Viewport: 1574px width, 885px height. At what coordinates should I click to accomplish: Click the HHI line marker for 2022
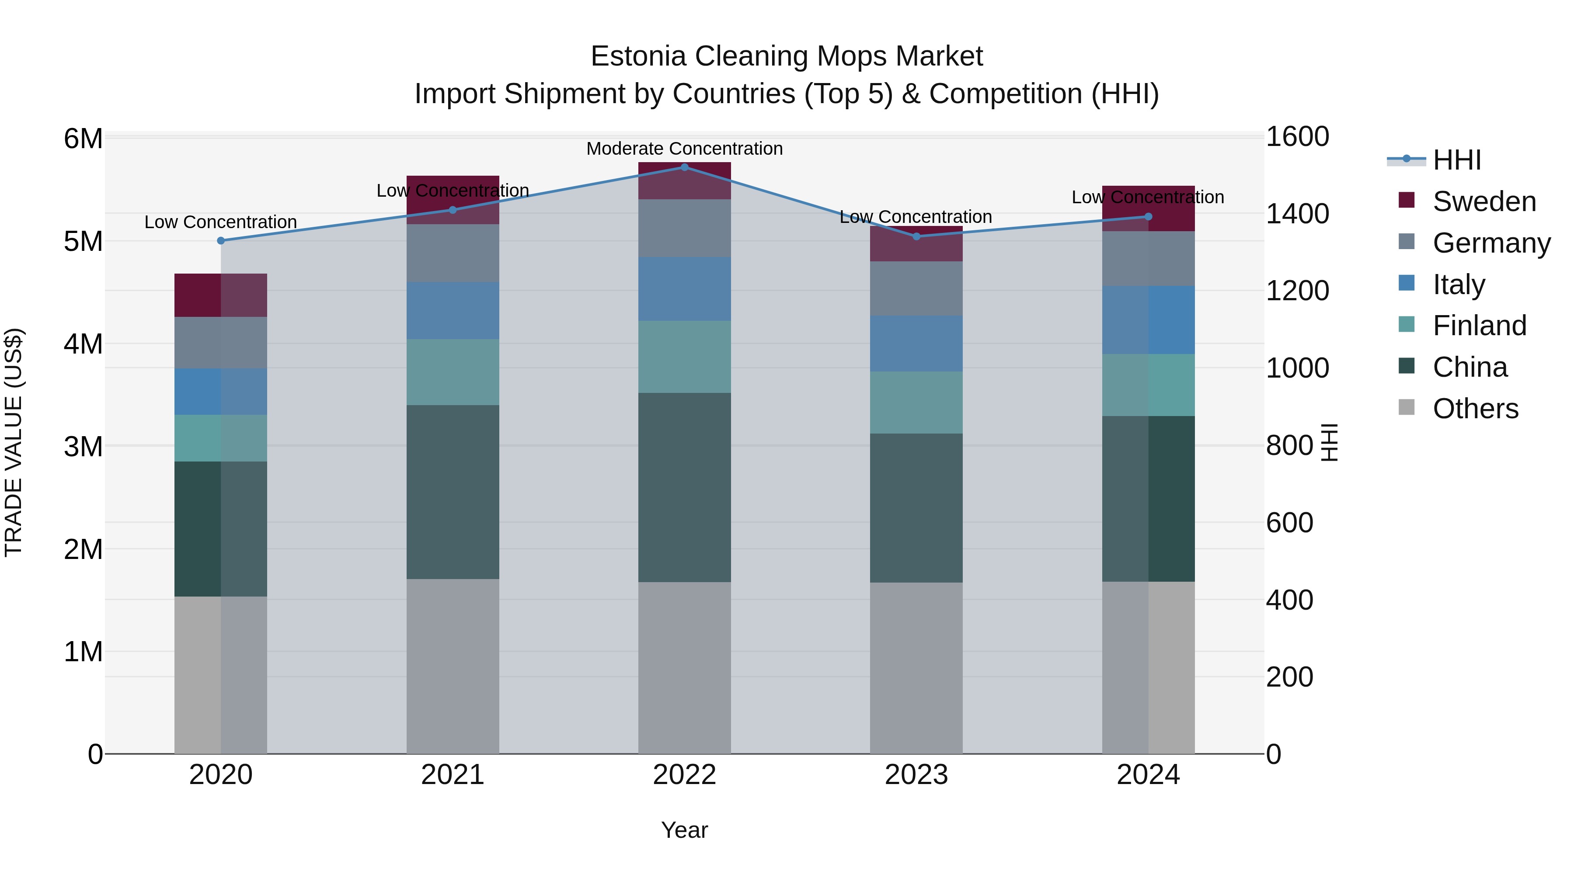pos(684,167)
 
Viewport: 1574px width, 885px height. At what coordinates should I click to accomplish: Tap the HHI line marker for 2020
pos(221,241)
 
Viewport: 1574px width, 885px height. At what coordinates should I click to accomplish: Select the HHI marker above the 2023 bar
pos(916,236)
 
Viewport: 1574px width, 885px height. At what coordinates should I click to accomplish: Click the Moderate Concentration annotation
pos(684,149)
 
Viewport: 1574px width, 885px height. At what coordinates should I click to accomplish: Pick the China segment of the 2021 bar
pos(453,492)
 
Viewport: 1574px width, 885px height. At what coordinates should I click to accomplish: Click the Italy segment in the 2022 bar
pos(684,289)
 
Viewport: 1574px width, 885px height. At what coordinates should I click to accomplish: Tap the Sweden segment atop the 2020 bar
pos(221,295)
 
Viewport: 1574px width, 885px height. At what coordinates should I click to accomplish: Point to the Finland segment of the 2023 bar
pos(916,403)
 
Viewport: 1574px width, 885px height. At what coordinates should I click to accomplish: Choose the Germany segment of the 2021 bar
pos(453,253)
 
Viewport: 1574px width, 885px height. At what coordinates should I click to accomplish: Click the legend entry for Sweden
pos(1483,201)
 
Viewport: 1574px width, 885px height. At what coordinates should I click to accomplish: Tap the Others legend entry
pos(1475,409)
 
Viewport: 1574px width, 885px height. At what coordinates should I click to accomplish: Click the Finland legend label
pos(1479,326)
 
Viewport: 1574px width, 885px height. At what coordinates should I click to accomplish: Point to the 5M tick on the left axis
pos(83,241)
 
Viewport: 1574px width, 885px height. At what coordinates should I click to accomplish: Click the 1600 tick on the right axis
pos(1297,137)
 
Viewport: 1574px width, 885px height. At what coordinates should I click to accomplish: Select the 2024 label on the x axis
pos(1148,775)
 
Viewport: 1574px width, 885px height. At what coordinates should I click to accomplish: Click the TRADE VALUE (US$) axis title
pos(14,442)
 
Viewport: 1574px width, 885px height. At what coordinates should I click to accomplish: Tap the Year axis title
pos(684,830)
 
